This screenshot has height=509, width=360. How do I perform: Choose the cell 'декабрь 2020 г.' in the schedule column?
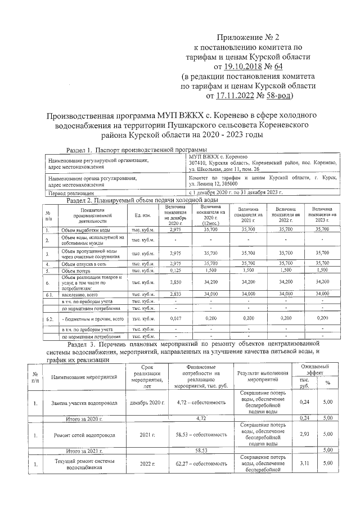click(x=147, y=403)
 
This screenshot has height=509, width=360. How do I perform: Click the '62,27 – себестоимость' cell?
click(x=201, y=464)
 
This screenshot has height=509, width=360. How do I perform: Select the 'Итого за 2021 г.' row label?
click(x=84, y=451)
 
